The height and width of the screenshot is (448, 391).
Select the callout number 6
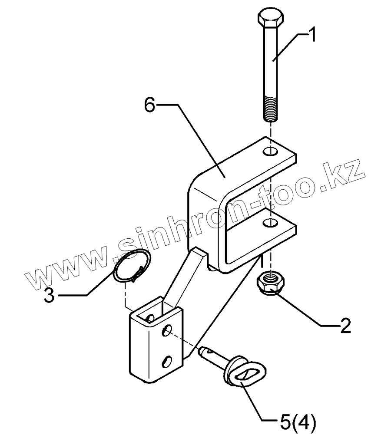point(150,105)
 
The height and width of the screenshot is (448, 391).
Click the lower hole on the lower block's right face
point(168,360)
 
